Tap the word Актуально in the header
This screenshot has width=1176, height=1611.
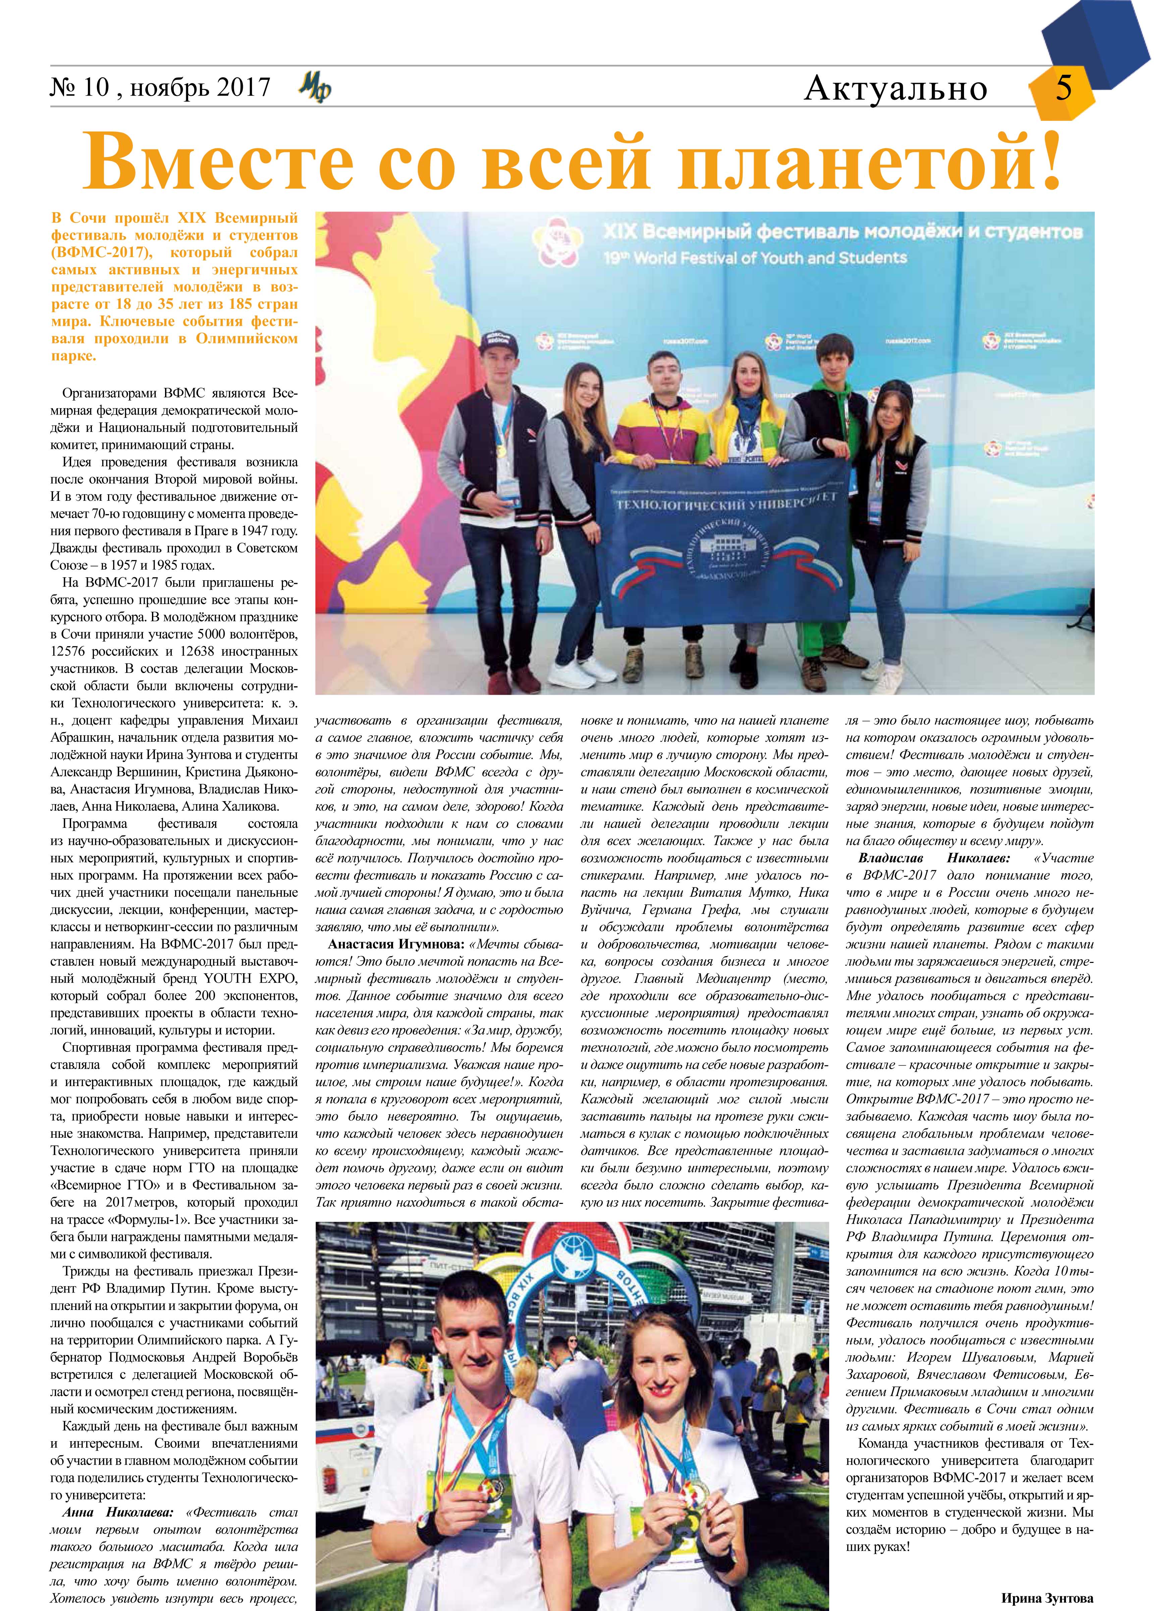tap(896, 88)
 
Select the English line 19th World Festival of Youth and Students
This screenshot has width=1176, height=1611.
tap(755, 258)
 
